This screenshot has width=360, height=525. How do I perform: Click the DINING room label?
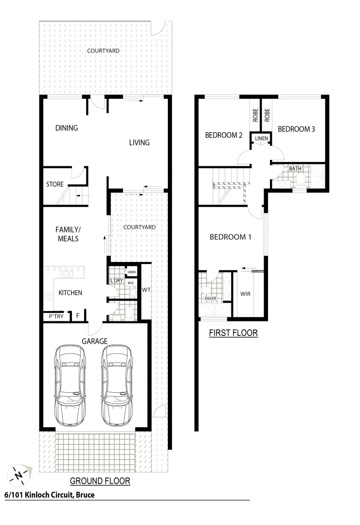(x=67, y=128)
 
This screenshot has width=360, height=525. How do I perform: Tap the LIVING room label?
(x=139, y=142)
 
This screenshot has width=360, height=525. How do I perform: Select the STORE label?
(x=54, y=185)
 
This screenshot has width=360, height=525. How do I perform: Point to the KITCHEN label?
(x=71, y=293)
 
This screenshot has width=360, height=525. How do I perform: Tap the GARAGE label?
(x=94, y=341)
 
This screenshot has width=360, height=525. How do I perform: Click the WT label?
(x=146, y=290)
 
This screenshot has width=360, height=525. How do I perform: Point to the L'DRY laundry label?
(x=116, y=281)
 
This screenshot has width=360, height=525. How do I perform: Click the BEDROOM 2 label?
(x=223, y=136)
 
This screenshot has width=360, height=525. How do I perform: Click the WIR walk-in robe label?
(x=246, y=294)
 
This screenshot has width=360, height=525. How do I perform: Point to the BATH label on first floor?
(x=295, y=169)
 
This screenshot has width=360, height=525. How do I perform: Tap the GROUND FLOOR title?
(x=100, y=481)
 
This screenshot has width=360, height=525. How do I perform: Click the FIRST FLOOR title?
(x=233, y=333)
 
